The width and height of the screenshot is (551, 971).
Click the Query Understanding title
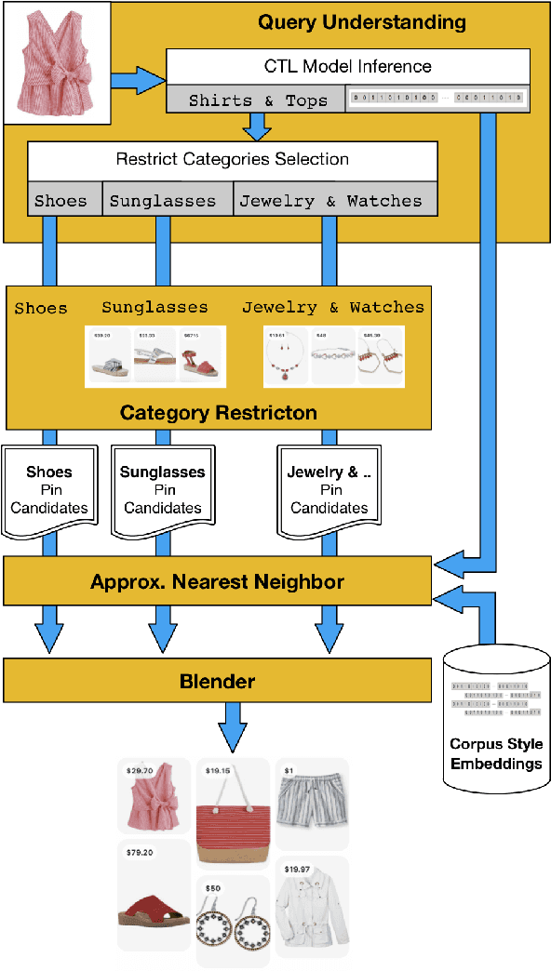tap(361, 22)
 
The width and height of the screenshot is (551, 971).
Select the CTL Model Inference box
tap(348, 67)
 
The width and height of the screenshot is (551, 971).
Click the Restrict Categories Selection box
tap(232, 159)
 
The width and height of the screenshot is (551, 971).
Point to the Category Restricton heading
tap(219, 412)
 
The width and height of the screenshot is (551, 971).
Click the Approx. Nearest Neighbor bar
tap(218, 582)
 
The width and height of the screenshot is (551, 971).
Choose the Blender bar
tap(218, 681)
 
